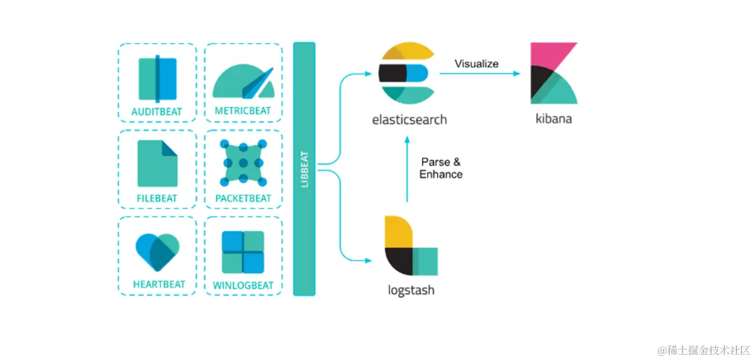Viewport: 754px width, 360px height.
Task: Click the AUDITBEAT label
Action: point(157,111)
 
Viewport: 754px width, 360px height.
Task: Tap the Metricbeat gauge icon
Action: point(243,81)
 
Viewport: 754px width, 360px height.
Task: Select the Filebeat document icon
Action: point(157,163)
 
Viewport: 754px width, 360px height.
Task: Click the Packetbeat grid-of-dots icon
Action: point(243,163)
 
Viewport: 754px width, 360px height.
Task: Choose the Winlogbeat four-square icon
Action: point(243,252)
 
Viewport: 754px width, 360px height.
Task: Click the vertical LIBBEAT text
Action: point(304,169)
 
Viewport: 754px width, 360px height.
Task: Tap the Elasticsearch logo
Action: point(407,73)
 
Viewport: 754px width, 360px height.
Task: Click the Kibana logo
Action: point(554,73)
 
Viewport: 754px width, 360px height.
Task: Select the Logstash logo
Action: point(412,246)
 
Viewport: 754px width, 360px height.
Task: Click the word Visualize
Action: point(477,64)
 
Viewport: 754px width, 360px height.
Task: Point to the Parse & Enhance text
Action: point(441,168)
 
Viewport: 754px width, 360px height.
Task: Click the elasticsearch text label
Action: point(409,120)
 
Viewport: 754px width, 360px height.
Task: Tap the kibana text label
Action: point(554,118)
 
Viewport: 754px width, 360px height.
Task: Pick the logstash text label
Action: point(411,290)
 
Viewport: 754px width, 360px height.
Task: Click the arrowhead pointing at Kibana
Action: point(517,73)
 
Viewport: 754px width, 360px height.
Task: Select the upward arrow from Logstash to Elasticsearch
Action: point(407,169)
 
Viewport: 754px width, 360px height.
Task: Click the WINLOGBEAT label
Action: point(243,286)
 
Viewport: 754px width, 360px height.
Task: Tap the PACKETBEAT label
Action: point(243,199)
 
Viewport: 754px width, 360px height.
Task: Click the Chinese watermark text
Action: point(704,350)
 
